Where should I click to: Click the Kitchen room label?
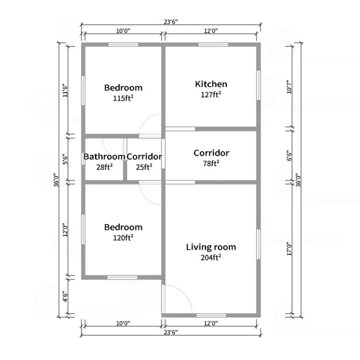[211, 84]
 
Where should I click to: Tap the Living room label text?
[211, 247]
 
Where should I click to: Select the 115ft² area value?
[123, 98]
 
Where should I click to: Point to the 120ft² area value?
[123, 237]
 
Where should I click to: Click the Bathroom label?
[104, 156]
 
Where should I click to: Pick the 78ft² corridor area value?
[211, 163]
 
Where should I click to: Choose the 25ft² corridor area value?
[144, 167]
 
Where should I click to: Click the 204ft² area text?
[211, 257]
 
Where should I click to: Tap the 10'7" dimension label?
[289, 86]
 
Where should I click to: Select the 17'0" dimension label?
[289, 249]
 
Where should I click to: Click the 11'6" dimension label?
[65, 90]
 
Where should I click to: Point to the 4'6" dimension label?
[65, 297]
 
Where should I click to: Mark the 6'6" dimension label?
[289, 156]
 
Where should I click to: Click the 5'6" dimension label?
[65, 159]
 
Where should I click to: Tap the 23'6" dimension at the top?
[171, 22]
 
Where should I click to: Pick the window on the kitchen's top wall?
[213, 44]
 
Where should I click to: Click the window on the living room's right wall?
[258, 244]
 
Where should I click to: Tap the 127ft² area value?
[211, 94]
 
